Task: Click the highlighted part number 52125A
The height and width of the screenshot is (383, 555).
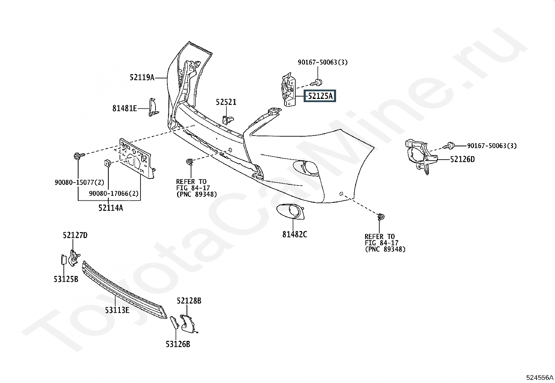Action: click(320, 96)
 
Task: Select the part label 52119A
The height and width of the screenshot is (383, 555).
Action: click(142, 78)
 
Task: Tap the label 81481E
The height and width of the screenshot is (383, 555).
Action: click(124, 108)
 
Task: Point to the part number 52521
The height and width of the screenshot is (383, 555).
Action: click(226, 102)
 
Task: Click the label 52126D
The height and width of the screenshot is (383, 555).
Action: click(462, 159)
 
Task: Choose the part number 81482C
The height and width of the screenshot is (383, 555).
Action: click(295, 234)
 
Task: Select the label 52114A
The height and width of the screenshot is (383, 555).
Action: click(111, 208)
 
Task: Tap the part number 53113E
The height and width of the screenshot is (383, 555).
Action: click(117, 310)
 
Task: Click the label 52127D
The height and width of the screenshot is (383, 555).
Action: click(75, 235)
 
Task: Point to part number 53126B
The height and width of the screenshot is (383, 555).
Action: click(178, 344)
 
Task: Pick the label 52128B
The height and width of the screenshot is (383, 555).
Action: click(189, 301)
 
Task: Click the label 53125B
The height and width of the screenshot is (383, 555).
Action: click(66, 279)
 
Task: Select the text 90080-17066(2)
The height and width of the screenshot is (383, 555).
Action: click(114, 193)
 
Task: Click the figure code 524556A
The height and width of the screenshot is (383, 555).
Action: click(540, 377)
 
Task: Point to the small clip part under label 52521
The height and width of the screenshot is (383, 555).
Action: click(228, 120)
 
